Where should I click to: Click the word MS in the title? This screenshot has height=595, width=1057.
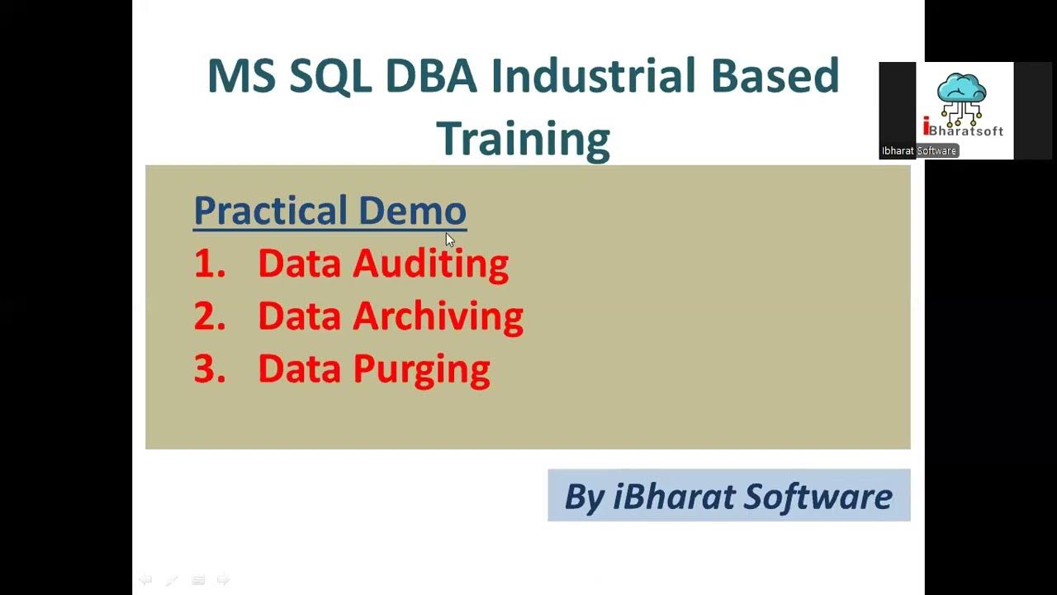[240, 76]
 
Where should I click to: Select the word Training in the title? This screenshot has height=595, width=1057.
[523, 138]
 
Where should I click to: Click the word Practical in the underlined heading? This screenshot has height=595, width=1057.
[270, 211]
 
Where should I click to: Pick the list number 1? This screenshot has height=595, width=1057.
[208, 264]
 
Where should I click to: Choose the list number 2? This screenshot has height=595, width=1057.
[209, 317]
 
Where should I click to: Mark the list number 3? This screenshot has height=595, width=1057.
[209, 369]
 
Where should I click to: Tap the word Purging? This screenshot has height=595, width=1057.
[421, 369]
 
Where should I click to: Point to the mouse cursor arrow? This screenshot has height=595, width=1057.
[449, 240]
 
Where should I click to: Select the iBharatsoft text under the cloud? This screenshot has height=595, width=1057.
[963, 130]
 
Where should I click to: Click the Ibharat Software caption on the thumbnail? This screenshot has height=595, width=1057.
[918, 150]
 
